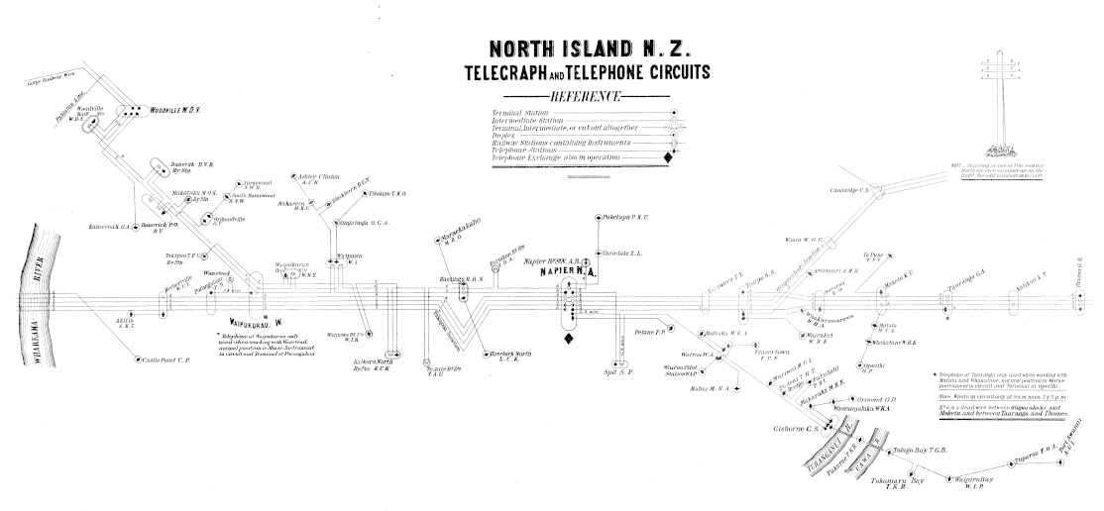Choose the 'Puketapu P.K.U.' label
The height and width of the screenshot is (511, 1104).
625,216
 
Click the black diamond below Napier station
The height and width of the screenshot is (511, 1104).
569,341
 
